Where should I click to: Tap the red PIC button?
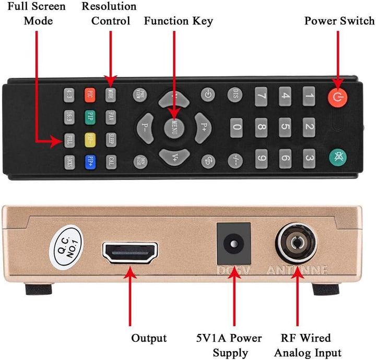coord(90,94)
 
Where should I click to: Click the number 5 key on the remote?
coord(285,126)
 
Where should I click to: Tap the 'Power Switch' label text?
coord(339,21)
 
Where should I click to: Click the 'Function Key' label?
coord(179,21)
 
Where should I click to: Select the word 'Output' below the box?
coord(149,339)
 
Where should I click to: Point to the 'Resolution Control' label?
coord(109,14)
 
